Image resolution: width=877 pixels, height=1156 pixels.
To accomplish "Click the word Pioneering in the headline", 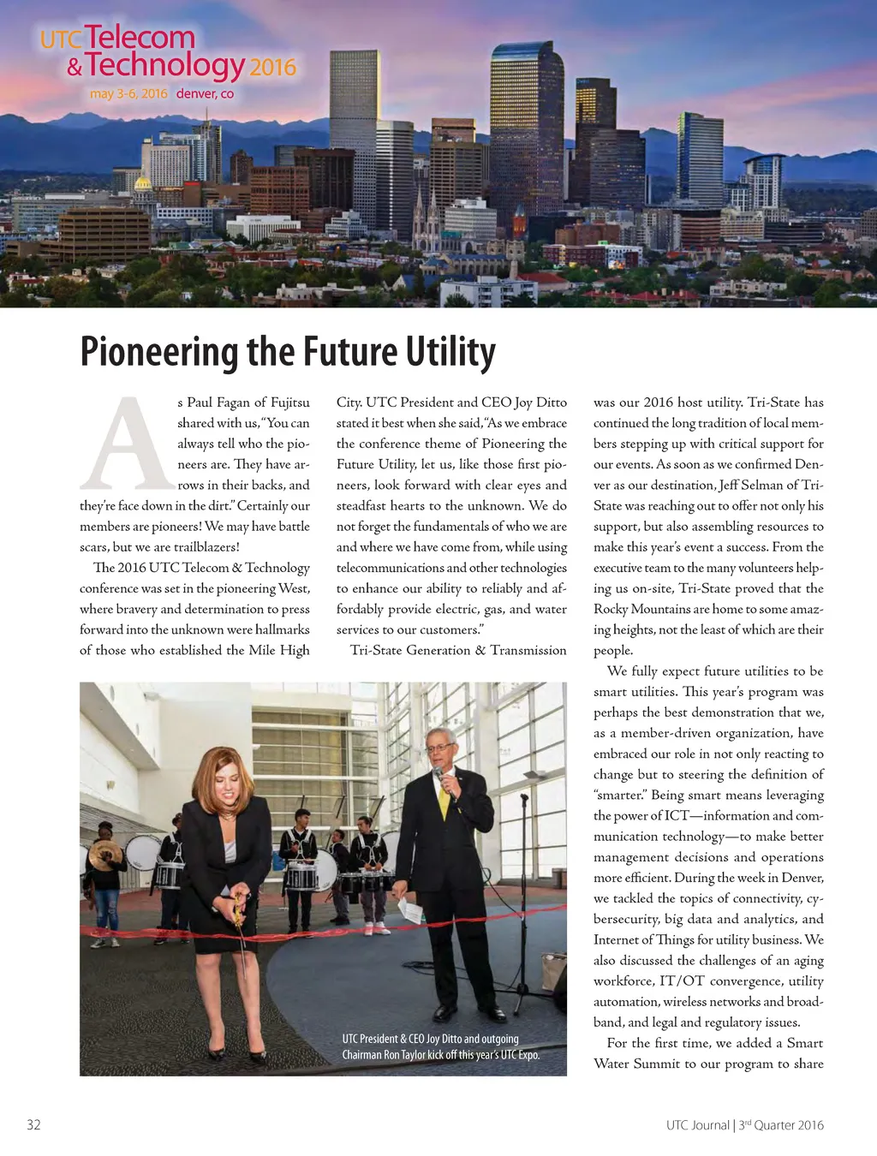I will tap(160, 352).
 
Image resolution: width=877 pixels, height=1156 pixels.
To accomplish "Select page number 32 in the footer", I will tap(33, 1124).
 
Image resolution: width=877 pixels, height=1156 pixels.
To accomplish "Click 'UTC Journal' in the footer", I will tap(697, 1125).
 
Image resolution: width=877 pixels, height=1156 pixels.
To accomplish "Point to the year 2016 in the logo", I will tap(272, 68).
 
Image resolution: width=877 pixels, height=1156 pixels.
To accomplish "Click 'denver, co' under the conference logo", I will tap(205, 93).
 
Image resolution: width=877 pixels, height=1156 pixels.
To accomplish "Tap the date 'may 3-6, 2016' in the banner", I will tap(128, 93).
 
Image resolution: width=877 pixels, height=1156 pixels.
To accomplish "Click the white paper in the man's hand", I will tap(409, 910).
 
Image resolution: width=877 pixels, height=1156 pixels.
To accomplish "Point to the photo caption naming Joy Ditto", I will tap(441, 1046).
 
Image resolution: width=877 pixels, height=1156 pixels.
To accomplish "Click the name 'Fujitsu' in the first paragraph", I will tap(289, 402).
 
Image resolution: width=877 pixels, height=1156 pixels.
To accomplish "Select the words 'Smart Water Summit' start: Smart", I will tap(805, 1043).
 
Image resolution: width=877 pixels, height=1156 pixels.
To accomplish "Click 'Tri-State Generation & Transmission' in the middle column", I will tap(458, 650).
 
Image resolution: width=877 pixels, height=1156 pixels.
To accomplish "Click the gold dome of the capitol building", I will tap(143, 183).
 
